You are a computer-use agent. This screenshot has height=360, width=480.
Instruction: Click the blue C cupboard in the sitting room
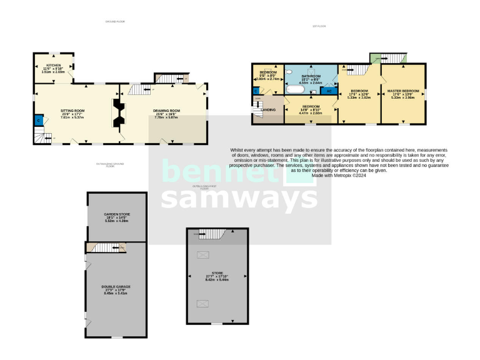(x=39, y=120)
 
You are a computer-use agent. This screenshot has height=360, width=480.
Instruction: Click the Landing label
(x=270, y=110)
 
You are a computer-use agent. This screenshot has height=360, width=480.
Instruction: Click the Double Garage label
(x=116, y=289)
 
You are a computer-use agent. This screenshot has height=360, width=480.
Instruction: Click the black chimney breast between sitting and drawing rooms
(x=119, y=113)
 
